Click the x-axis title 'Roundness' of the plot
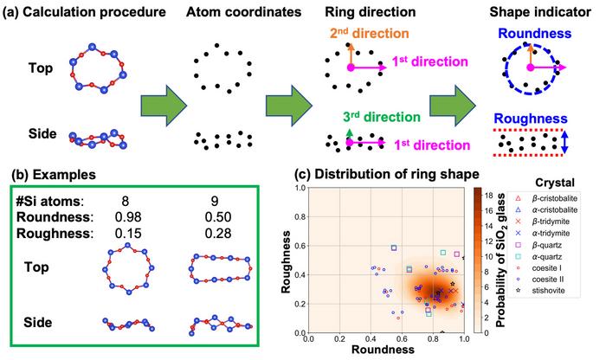pyautogui.click(x=386, y=352)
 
